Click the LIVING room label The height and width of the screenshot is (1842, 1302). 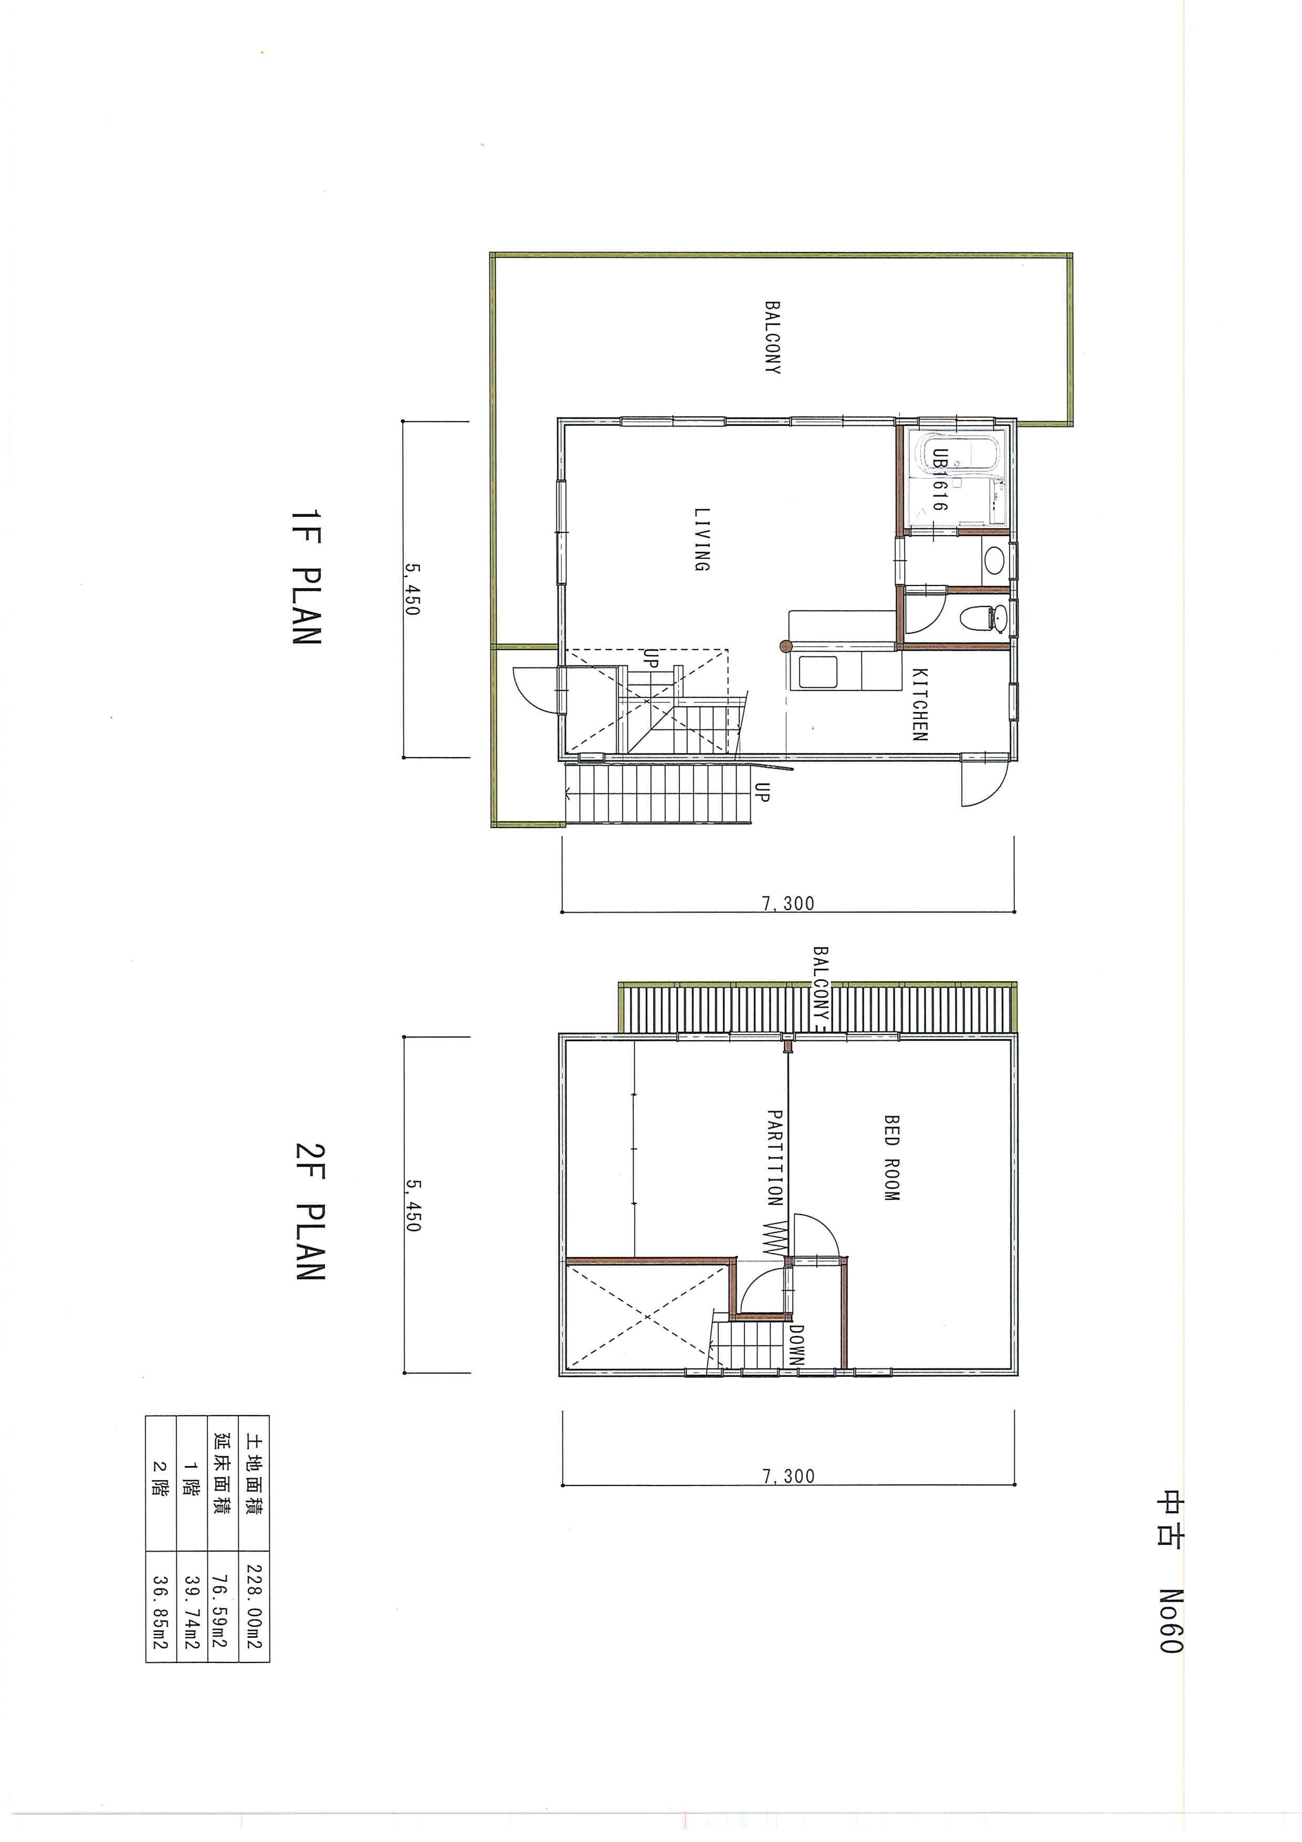[702, 539]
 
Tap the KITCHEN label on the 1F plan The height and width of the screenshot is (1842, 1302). [919, 704]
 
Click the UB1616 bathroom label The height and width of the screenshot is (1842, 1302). [939, 480]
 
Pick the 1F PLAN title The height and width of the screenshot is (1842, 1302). [307, 577]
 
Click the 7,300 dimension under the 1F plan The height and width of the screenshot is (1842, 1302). [788, 903]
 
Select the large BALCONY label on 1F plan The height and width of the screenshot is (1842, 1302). [772, 338]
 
